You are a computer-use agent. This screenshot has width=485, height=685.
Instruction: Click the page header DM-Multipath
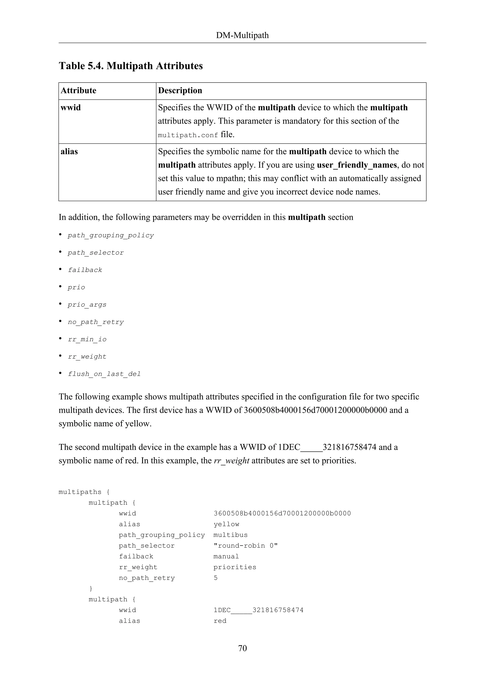point(242,35)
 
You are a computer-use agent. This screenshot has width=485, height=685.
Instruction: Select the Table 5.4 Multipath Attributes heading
point(130,66)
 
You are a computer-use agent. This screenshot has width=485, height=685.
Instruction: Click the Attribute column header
point(79,90)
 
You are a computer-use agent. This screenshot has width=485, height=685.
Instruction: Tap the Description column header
point(180,90)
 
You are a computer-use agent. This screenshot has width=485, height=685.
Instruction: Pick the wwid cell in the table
point(71,107)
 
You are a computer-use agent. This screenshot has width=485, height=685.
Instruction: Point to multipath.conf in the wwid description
point(188,135)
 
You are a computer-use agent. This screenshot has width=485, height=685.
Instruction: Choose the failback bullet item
point(85,270)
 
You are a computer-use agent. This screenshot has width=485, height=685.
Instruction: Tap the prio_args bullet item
point(87,305)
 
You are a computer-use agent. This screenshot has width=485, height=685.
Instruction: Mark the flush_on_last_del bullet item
point(104,374)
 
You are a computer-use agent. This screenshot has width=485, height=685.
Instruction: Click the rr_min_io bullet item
point(87,339)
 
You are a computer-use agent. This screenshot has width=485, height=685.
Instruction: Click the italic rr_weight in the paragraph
point(231,460)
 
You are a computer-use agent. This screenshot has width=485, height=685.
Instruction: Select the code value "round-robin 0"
point(246,546)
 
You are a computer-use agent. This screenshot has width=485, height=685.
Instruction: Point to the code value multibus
point(230,535)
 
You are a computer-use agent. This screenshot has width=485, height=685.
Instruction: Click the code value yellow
point(226,524)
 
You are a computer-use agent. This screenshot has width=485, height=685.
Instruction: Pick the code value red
point(220,621)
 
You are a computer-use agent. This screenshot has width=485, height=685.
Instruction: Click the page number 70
point(242,648)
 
